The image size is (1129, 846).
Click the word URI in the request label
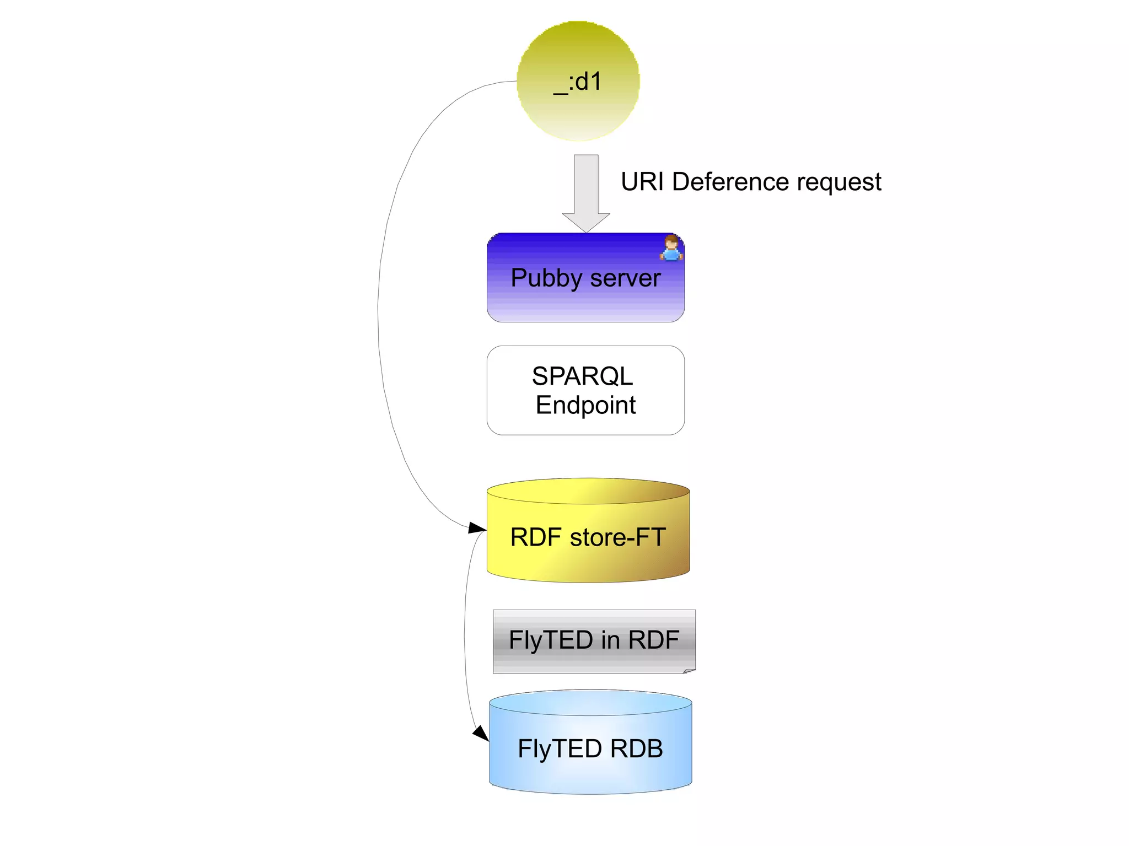642,182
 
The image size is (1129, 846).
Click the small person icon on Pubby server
671,247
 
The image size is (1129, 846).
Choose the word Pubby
546,278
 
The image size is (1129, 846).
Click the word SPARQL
583,376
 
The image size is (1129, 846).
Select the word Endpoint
585,405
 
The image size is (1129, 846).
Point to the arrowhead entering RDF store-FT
477,528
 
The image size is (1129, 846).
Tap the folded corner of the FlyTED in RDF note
689,671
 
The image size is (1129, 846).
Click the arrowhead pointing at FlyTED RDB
481,734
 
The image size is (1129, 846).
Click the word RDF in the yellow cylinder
536,537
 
